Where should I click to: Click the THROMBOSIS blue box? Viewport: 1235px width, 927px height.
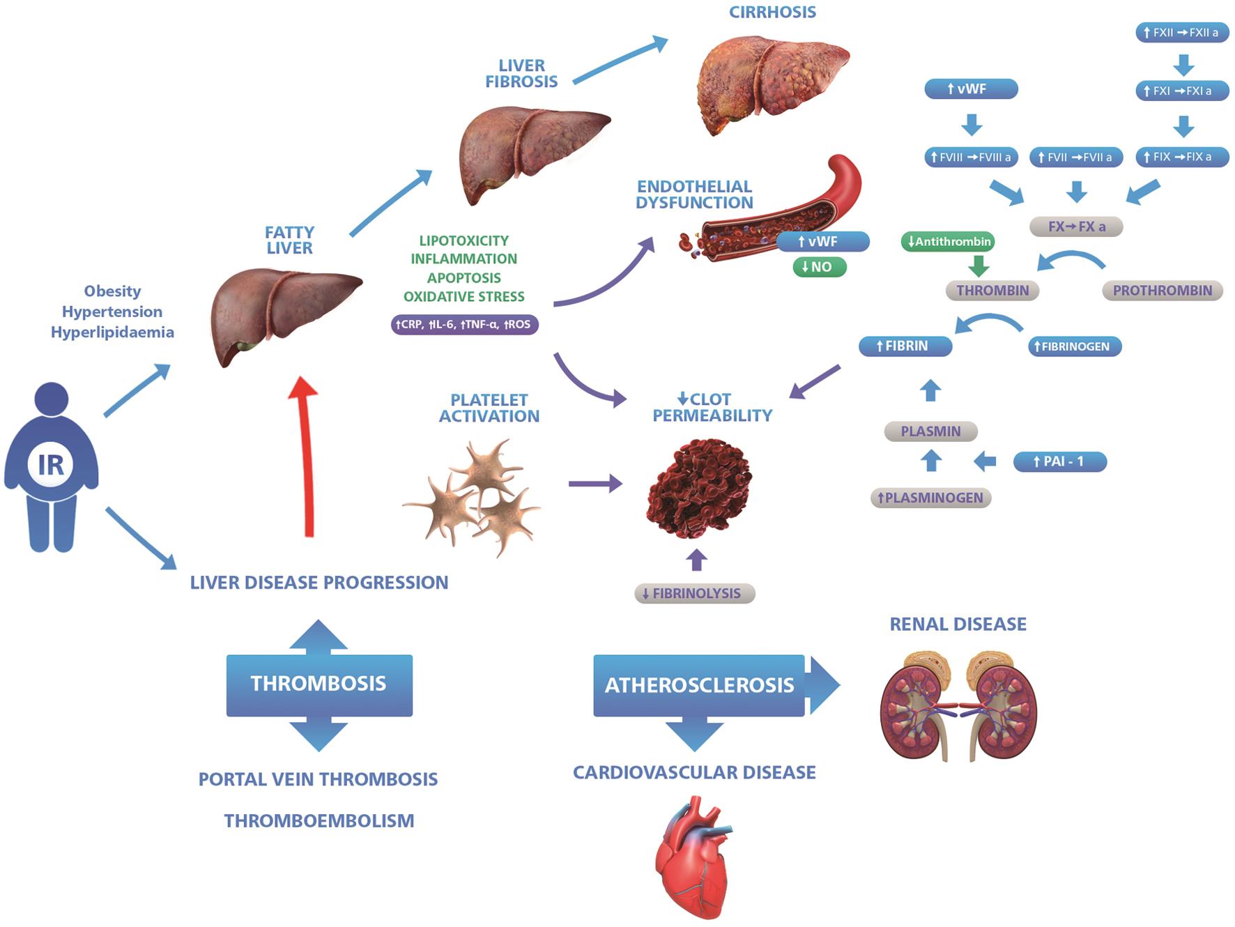tap(319, 684)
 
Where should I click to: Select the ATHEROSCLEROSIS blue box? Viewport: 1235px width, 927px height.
tap(698, 685)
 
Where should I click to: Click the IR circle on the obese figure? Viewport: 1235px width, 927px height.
tap(50, 464)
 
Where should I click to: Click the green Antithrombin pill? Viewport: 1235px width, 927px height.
tap(948, 242)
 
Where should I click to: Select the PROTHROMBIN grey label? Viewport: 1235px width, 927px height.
tap(1162, 291)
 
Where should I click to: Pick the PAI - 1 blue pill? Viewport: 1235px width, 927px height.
tap(1059, 461)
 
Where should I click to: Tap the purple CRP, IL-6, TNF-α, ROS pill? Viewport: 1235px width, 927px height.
tap(464, 325)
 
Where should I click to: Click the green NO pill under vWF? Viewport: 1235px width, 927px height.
tap(819, 267)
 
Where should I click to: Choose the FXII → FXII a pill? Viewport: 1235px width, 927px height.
tap(1181, 33)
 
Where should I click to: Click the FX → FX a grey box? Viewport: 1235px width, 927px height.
tap(1076, 227)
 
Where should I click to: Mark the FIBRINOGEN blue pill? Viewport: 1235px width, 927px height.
tap(1074, 346)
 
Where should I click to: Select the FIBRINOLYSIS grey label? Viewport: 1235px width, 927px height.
tap(694, 594)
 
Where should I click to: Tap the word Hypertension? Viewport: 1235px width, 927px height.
tap(112, 312)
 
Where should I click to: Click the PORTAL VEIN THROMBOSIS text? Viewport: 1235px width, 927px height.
tap(318, 779)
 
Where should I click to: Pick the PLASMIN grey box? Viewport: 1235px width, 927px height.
tap(930, 431)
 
